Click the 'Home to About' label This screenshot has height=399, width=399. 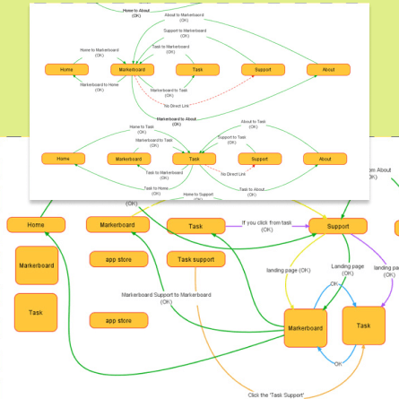tap(136, 13)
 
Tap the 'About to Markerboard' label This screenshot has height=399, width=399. tap(184, 17)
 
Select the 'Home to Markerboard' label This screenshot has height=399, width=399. tap(99, 52)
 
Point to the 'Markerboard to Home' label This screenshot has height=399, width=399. tap(99, 87)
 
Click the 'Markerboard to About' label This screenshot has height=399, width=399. tap(177, 121)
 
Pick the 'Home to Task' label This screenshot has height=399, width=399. tap(142, 129)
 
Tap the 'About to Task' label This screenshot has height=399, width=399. tap(253, 124)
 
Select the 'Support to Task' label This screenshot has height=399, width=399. tap(231, 140)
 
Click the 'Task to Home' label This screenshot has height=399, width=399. tap(155, 190)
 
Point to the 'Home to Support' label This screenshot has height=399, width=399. tap(198, 195)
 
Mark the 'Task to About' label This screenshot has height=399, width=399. tap(252, 191)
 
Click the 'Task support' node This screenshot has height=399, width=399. tap(195, 259)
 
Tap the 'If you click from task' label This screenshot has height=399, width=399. tap(266, 225)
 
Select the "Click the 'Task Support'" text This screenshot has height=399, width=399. tap(276, 395)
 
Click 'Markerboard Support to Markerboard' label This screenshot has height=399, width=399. tap(166, 297)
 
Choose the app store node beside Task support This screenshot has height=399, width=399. tap(118, 259)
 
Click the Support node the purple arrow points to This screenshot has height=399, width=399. tap(337, 226)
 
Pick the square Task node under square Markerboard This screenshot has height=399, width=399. tap(36, 312)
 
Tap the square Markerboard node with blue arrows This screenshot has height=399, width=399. tap(305, 328)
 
